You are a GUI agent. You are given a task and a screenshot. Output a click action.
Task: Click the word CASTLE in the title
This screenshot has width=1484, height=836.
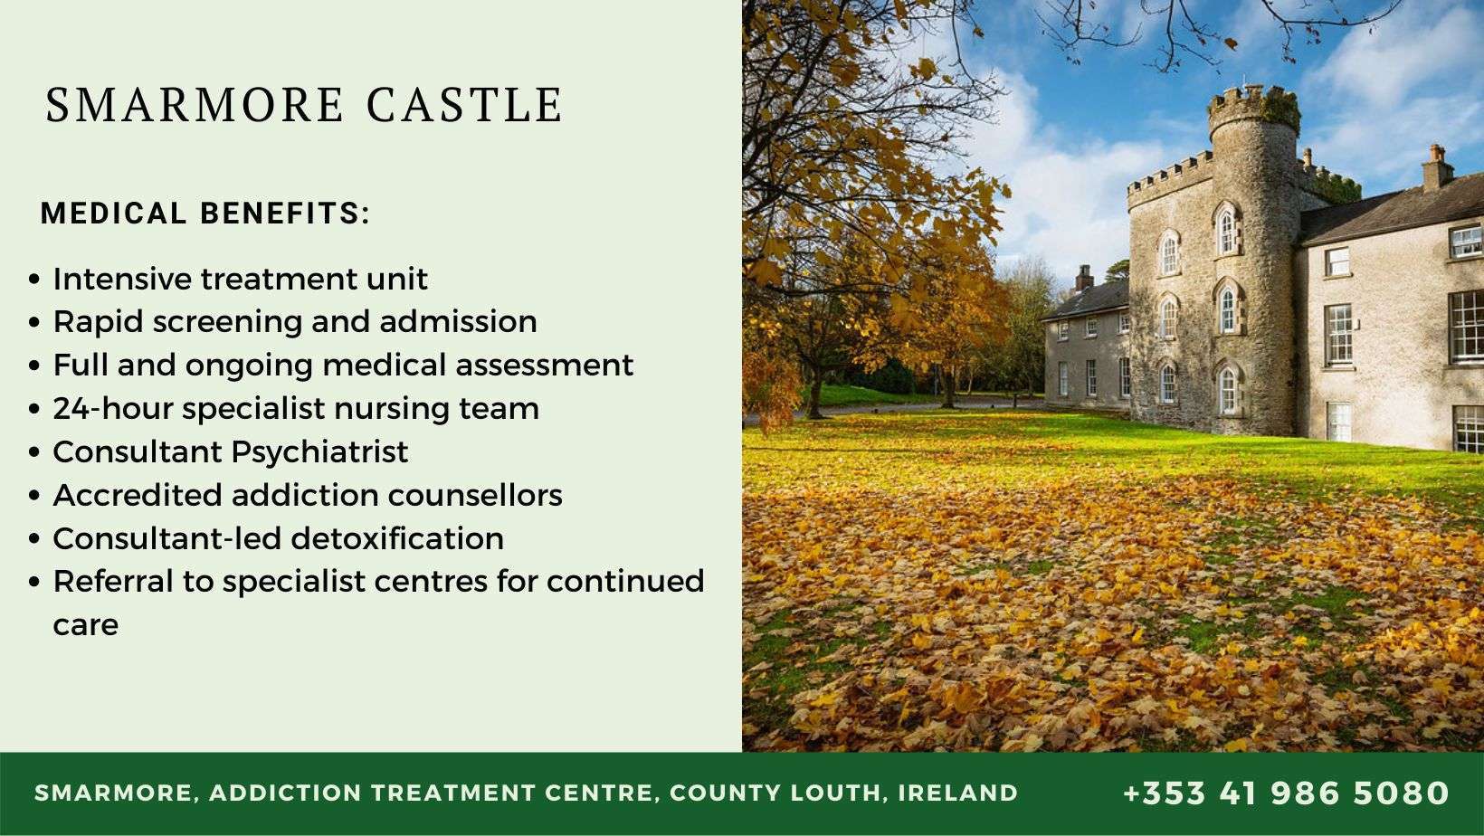pyautogui.click(x=465, y=105)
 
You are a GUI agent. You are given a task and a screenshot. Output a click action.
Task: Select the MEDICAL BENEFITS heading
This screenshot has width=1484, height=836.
pyautogui.click(x=205, y=214)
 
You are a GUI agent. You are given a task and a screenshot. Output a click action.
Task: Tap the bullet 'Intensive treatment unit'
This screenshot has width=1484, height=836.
pyautogui.click(x=240, y=279)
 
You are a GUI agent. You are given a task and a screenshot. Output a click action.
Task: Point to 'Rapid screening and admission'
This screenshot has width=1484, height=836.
pyautogui.click(x=295, y=322)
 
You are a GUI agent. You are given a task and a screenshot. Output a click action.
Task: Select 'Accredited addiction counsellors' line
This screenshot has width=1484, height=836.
pyautogui.click(x=308, y=495)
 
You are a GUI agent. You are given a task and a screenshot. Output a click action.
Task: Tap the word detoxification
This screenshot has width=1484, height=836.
pyautogui.click(x=397, y=538)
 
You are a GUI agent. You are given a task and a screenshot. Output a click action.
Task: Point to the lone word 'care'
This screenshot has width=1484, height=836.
pyautogui.click(x=85, y=625)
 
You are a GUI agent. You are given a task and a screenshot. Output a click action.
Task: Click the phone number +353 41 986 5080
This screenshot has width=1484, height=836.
pyautogui.click(x=1286, y=793)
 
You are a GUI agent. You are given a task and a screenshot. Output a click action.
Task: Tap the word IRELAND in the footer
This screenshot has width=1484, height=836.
pyautogui.click(x=958, y=793)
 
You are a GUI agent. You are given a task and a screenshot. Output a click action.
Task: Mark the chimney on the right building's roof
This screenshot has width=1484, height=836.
pyautogui.click(x=1436, y=167)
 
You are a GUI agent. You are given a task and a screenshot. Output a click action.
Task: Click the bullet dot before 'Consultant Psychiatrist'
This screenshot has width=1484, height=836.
pyautogui.click(x=34, y=452)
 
